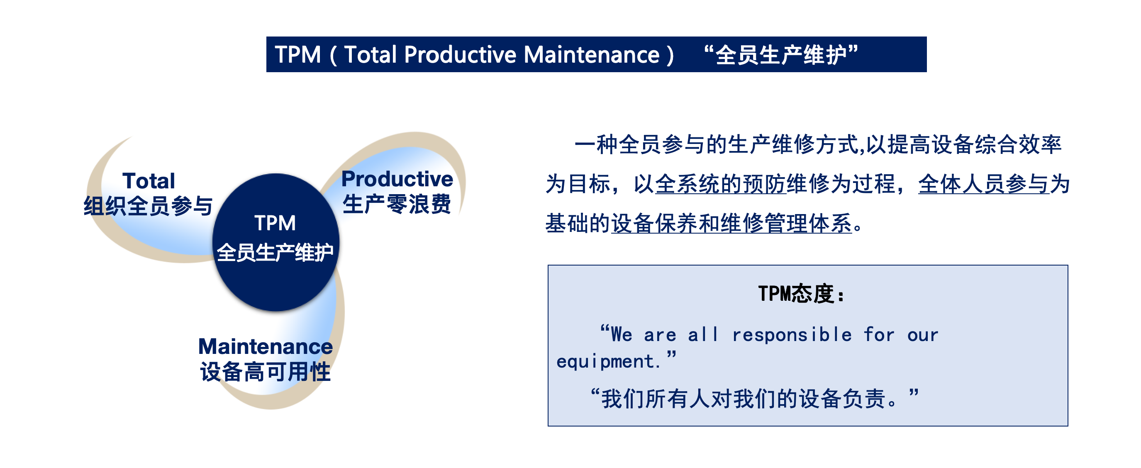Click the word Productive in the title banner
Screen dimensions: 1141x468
click(x=460, y=55)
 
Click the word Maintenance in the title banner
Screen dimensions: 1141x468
click(x=592, y=55)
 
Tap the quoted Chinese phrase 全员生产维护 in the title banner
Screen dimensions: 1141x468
click(x=781, y=55)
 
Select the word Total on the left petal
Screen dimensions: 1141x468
click(x=149, y=180)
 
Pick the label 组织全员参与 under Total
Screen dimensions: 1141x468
click(x=149, y=206)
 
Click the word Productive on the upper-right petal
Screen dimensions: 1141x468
click(x=397, y=179)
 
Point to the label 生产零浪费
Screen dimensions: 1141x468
click(x=397, y=204)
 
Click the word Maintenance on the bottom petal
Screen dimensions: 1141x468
click(x=265, y=346)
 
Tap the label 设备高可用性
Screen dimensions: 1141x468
click(x=265, y=371)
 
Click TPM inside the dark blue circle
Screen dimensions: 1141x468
click(x=275, y=223)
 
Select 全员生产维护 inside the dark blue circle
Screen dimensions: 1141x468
click(x=275, y=252)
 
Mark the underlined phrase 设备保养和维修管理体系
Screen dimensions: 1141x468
click(x=732, y=223)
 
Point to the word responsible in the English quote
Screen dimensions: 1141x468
click(x=792, y=335)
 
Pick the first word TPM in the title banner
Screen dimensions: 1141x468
click(x=297, y=55)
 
